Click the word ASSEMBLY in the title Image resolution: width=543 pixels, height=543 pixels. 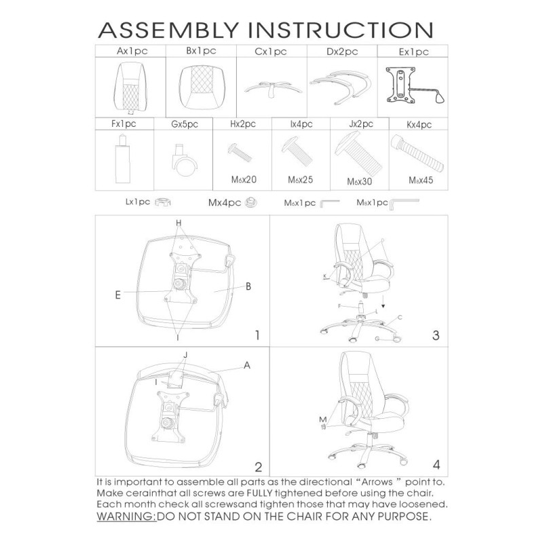170,31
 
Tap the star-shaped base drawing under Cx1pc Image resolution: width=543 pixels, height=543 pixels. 271,88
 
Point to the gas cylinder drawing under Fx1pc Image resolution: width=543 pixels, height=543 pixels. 123,157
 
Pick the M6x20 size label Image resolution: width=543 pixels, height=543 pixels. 242,180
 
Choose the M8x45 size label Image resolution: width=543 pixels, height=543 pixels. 420,181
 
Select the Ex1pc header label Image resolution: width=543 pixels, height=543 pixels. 413,52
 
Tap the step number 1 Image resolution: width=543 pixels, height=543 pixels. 257,335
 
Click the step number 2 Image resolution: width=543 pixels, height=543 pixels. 258,466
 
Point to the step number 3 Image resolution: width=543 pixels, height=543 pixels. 435,335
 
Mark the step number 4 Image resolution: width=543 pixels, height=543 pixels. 436,465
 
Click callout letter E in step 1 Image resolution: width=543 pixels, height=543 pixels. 118,295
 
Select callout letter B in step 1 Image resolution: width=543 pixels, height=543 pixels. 248,286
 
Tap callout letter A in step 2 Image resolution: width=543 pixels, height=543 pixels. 247,365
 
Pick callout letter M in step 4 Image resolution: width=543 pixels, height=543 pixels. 322,420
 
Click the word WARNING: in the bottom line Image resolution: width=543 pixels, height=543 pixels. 126,517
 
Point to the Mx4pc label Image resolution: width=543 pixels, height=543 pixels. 224,202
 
